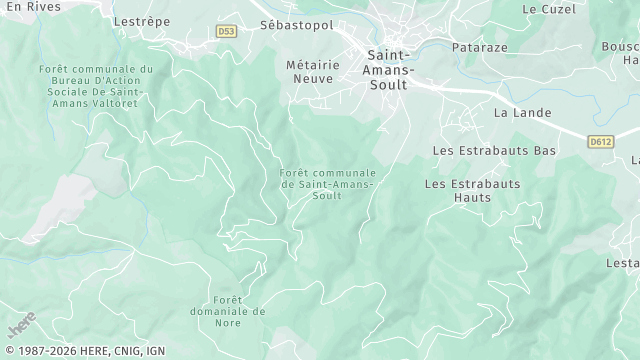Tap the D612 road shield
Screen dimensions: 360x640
600,142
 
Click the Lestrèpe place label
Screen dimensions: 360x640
140,20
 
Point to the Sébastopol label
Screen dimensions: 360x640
296,23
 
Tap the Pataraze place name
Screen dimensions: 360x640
481,47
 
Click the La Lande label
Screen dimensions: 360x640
523,113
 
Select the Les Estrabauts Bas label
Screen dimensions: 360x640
494,150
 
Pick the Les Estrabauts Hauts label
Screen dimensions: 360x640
473,191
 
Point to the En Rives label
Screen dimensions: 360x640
32,6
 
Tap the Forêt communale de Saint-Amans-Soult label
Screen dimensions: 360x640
328,184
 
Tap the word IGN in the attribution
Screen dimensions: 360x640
154,352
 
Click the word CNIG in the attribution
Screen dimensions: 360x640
125,352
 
